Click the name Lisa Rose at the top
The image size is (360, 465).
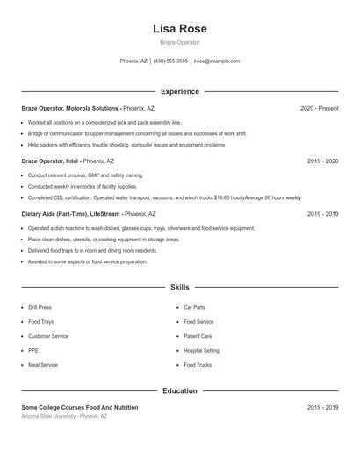(x=179, y=29)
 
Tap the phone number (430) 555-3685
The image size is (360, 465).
(x=170, y=61)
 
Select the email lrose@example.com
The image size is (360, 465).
(x=216, y=61)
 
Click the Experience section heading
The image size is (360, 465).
(x=179, y=91)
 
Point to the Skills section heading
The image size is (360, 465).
(x=179, y=287)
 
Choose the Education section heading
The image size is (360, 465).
(x=179, y=390)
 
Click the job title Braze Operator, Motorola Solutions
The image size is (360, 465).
(x=70, y=108)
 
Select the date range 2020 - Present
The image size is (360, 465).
(x=319, y=108)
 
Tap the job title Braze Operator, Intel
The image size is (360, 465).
(x=50, y=161)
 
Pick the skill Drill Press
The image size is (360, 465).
(x=40, y=308)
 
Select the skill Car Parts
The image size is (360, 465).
(x=194, y=308)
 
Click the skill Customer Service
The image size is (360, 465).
(x=47, y=336)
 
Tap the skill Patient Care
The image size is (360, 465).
(x=198, y=336)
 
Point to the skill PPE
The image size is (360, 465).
(x=33, y=350)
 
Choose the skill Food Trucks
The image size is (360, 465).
(x=198, y=364)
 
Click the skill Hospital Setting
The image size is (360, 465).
(x=201, y=350)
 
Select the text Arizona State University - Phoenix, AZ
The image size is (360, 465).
(x=64, y=416)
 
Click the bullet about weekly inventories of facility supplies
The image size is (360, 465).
(x=83, y=187)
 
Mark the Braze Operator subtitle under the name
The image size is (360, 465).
(x=179, y=42)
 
